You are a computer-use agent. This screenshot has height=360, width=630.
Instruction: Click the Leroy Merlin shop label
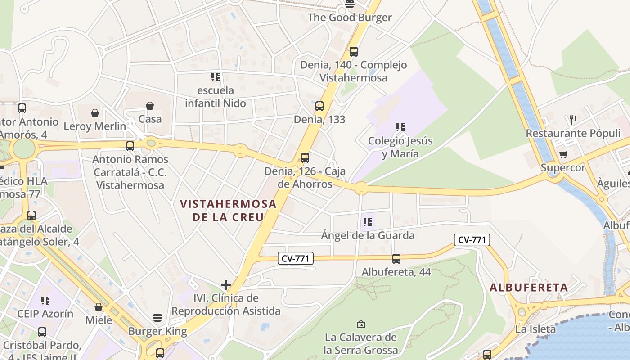95,126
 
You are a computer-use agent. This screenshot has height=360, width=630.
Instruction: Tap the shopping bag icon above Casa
150,106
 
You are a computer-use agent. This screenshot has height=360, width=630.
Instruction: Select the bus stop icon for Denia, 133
319,106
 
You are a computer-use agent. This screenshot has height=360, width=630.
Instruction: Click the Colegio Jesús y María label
400,147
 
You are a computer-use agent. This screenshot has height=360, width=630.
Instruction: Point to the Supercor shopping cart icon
563,155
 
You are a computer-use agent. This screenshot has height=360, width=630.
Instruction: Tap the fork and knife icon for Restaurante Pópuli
573,120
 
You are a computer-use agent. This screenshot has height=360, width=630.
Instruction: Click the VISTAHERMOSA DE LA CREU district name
228,210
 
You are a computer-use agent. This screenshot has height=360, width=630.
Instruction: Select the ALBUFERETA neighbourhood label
529,287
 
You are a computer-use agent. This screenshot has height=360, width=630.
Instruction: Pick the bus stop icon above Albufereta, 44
396,259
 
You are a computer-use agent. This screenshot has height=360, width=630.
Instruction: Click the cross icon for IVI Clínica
226,285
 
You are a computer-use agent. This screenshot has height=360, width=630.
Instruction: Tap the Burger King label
157,332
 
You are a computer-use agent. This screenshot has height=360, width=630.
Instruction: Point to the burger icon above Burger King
157,318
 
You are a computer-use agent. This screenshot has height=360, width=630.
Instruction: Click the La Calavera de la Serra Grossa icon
360,324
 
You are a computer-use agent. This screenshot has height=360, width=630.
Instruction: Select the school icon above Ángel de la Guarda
368,222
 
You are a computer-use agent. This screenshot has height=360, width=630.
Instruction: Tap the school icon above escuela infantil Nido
216,77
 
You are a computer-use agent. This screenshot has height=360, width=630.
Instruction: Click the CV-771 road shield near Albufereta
472,240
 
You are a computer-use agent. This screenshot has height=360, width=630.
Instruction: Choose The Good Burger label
350,18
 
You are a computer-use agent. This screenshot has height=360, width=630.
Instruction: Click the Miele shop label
99,320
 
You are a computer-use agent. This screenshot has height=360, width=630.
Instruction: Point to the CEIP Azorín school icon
45,300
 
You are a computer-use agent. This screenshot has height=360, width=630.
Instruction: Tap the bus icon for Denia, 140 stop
354,52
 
